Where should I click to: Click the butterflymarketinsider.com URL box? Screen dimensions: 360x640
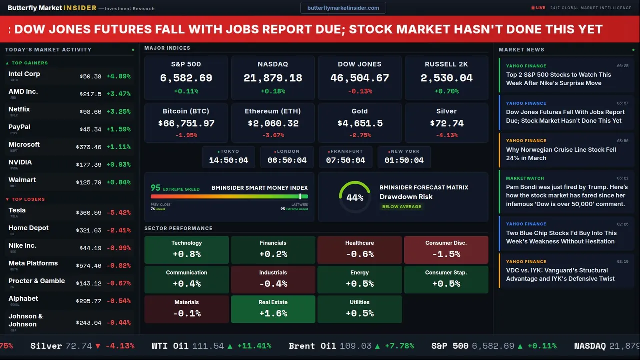(343, 8)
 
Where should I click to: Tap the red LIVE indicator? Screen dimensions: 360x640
(538, 8)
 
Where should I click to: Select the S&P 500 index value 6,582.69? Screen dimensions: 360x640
(186, 78)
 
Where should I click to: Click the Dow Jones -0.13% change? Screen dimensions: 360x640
(360, 91)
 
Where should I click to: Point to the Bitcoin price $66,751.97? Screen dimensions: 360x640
(186, 123)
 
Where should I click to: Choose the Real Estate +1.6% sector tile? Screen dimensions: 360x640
(273, 309)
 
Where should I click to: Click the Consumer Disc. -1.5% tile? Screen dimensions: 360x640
(446, 250)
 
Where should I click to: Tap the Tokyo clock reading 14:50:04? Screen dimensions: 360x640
(228, 160)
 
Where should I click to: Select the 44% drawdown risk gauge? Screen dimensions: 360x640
(355, 197)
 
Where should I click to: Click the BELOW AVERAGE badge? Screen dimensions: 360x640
(401, 207)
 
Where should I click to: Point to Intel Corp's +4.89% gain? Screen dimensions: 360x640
(118, 77)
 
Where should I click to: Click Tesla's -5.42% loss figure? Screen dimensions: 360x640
(118, 213)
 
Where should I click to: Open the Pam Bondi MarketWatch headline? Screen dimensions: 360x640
(566, 195)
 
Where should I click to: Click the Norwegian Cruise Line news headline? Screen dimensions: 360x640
(561, 154)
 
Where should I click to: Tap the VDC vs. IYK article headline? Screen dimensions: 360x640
(560, 275)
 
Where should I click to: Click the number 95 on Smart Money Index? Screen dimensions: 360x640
(156, 188)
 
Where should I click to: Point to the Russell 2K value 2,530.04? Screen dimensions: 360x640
(446, 78)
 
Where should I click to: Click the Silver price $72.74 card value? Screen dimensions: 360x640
(446, 123)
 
